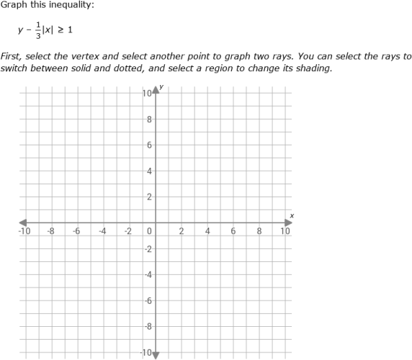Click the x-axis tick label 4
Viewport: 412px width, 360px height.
click(207, 232)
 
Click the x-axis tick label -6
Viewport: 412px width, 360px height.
click(77, 232)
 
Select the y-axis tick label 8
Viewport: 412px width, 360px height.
click(149, 120)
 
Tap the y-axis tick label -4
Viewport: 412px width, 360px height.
click(148, 275)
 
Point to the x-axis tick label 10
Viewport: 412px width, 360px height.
click(285, 232)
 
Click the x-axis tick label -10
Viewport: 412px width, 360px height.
click(24, 232)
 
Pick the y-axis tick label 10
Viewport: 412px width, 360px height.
click(147, 94)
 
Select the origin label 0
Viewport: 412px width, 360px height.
click(149, 232)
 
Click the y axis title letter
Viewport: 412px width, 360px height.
click(161, 87)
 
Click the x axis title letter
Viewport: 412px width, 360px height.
click(292, 215)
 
